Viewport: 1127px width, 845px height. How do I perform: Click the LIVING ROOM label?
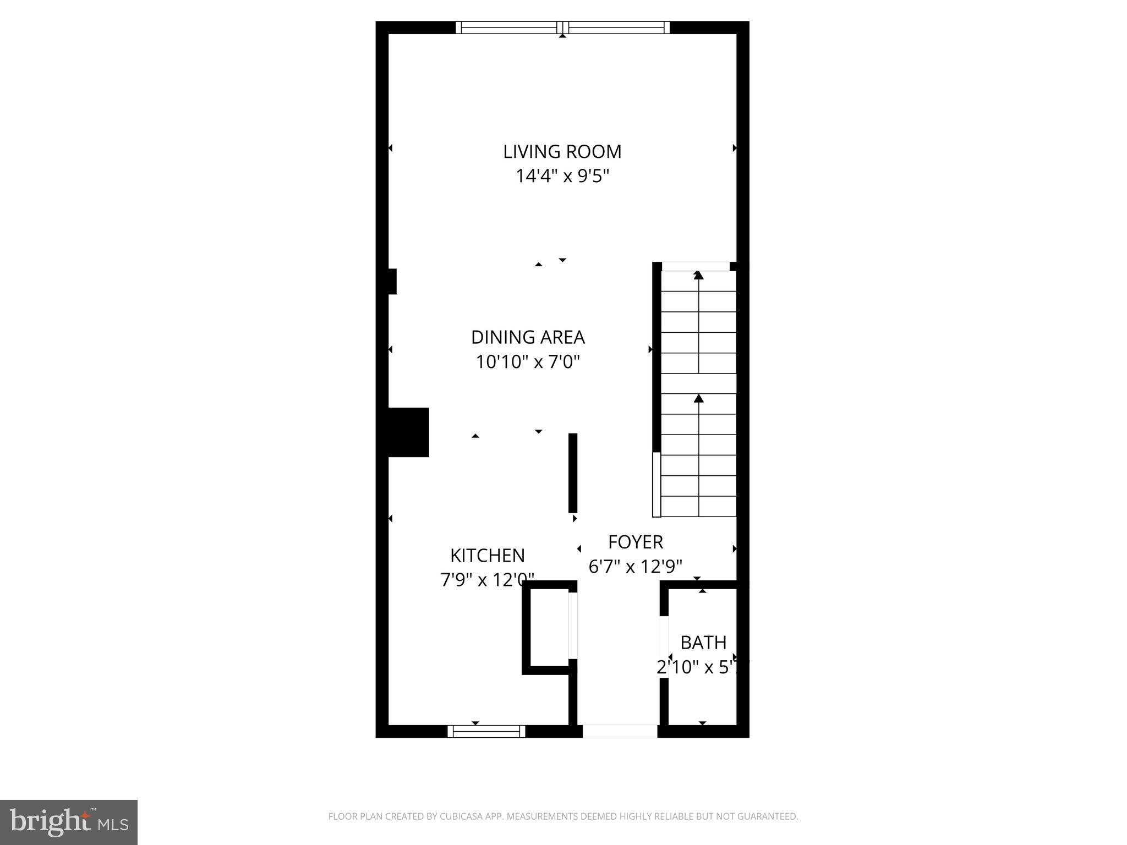point(562,151)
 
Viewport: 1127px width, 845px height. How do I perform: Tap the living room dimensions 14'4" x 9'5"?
point(562,176)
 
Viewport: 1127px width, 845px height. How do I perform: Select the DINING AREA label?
point(528,337)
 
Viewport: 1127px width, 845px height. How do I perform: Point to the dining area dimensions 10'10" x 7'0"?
point(528,362)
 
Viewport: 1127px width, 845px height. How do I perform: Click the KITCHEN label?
point(487,556)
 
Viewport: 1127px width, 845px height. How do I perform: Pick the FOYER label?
point(635,542)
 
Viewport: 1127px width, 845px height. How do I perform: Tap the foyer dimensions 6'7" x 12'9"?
point(635,566)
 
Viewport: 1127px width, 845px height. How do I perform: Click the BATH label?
point(703,643)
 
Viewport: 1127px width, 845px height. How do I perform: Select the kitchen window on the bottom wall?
point(486,731)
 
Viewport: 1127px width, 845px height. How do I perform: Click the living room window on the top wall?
point(562,28)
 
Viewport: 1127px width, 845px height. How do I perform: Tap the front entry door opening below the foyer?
point(620,731)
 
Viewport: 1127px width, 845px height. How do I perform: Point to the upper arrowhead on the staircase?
point(698,275)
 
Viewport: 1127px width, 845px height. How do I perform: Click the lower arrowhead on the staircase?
point(698,398)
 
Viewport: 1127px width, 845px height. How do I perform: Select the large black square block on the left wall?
point(408,432)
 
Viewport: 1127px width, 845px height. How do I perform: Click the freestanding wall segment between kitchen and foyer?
point(572,473)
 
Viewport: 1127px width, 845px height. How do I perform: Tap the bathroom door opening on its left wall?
point(664,647)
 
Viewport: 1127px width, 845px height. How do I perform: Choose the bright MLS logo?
point(68,822)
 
